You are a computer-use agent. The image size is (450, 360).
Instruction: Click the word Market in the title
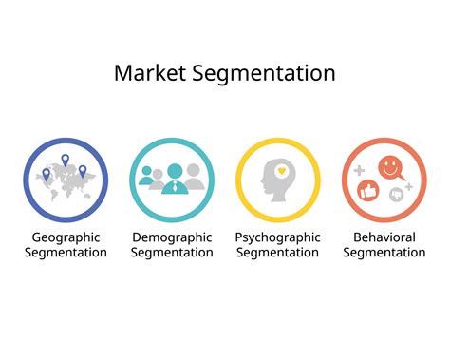coord(146,73)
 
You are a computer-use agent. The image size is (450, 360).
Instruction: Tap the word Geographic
coord(66,236)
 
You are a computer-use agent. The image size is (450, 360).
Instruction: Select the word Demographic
coord(172,236)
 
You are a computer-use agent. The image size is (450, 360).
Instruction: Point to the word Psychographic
coord(277,236)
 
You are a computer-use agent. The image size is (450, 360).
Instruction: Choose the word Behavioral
coord(384,236)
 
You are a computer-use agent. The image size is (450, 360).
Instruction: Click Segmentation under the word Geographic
coord(66,253)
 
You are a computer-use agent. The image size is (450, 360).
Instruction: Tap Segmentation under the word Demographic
coord(172,253)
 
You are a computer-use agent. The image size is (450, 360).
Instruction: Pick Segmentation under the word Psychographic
coord(277,253)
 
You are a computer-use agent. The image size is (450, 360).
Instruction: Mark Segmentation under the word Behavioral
coord(384,253)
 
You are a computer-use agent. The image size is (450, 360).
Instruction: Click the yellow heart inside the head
coord(281,172)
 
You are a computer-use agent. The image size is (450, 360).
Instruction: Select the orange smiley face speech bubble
coord(390,169)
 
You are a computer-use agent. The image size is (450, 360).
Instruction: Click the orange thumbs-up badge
coord(370,192)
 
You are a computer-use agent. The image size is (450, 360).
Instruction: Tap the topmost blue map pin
coord(66,160)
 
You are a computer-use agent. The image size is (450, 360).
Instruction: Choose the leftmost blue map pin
coord(47,174)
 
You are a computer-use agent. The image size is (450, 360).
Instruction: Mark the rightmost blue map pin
coord(83,171)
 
